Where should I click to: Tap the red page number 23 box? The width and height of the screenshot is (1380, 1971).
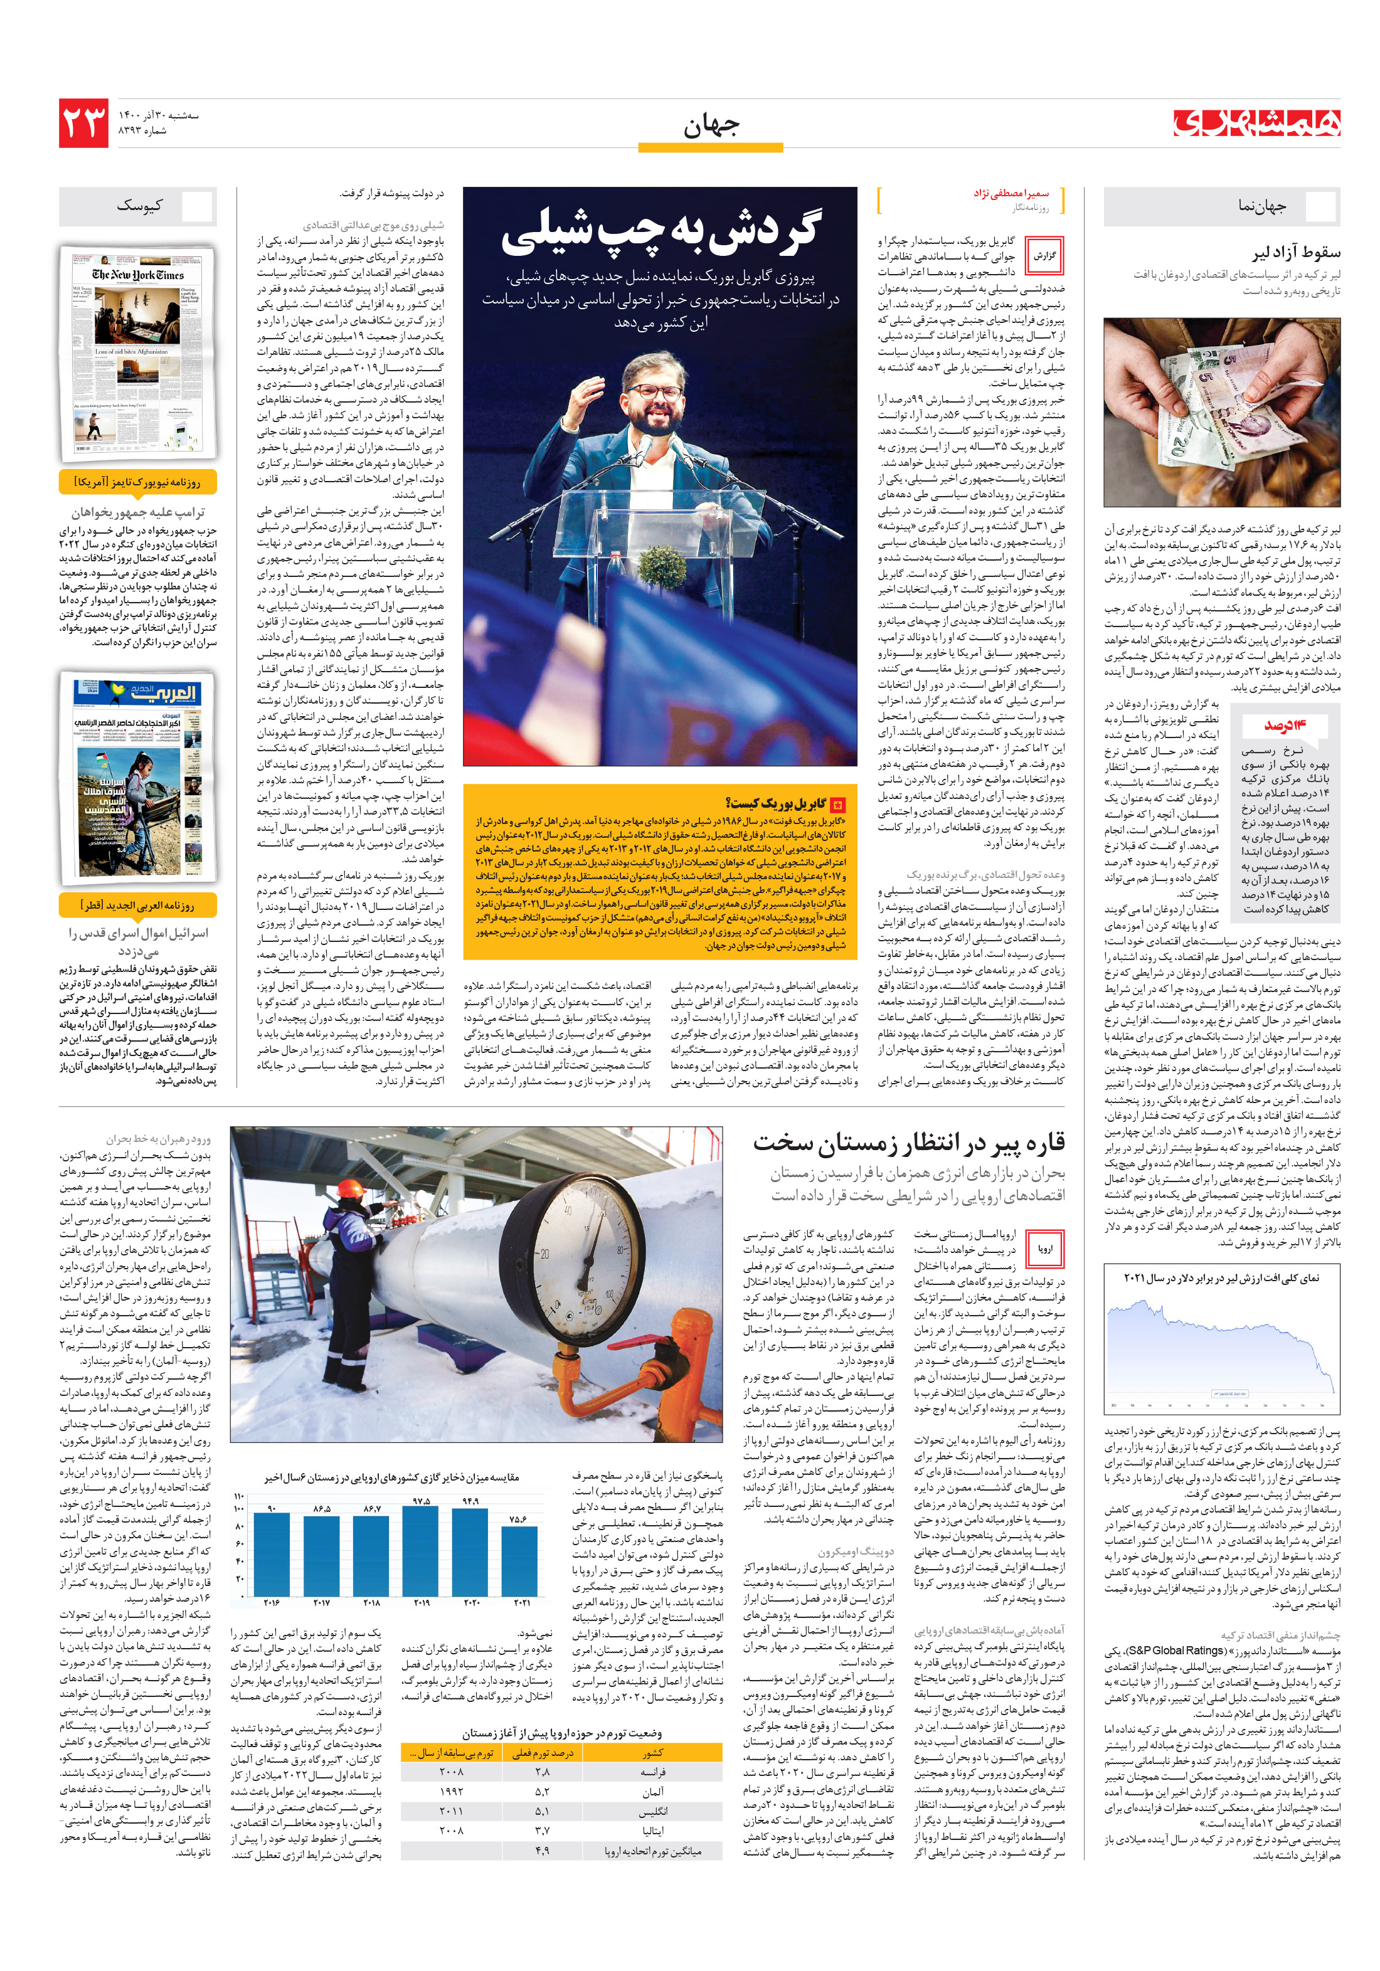[x=83, y=123]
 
